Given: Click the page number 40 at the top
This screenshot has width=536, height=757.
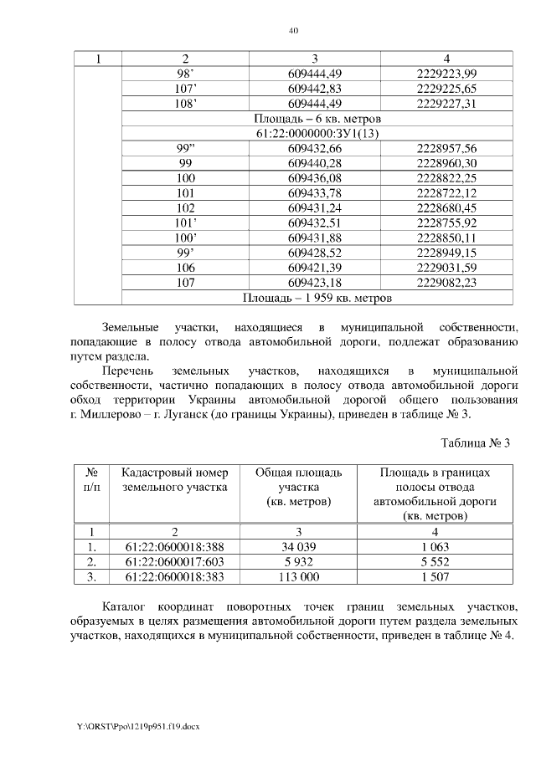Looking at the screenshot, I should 293,31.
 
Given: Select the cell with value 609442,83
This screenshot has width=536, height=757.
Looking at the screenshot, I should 315,89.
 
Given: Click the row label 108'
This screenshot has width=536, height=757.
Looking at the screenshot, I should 186,104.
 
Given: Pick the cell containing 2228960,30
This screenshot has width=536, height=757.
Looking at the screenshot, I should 446,163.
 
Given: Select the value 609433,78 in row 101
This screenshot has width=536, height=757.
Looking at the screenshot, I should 315,193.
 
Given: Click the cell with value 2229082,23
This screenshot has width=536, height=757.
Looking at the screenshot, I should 446,283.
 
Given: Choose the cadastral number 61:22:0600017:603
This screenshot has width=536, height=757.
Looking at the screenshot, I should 175,561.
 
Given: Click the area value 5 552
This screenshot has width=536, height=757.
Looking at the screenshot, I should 435,561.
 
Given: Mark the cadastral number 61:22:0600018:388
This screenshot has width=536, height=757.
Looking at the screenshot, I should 175,546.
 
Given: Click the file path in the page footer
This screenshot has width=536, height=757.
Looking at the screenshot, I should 133,725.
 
